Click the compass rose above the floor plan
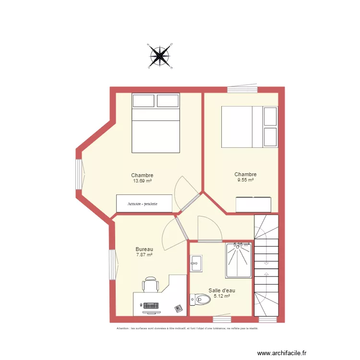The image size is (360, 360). pos(159,57)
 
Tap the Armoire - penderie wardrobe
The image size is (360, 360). pos(144,204)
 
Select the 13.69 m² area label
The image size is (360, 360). pos(142,181)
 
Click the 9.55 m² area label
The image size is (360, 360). pos(245,180)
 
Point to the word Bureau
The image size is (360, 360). pos(144,249)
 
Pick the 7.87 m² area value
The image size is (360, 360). pos(144,255)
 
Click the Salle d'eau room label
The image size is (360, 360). pos(221,290)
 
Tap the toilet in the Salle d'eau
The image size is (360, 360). pos(200,300)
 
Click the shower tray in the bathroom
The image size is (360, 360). pos(239,261)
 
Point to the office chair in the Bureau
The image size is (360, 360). pos(151,284)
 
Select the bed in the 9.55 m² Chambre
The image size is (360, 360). pos(249,127)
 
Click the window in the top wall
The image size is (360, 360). pos(242,89)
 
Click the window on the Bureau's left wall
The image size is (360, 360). pos(112,265)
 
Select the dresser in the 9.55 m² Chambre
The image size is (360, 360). pos(253,204)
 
